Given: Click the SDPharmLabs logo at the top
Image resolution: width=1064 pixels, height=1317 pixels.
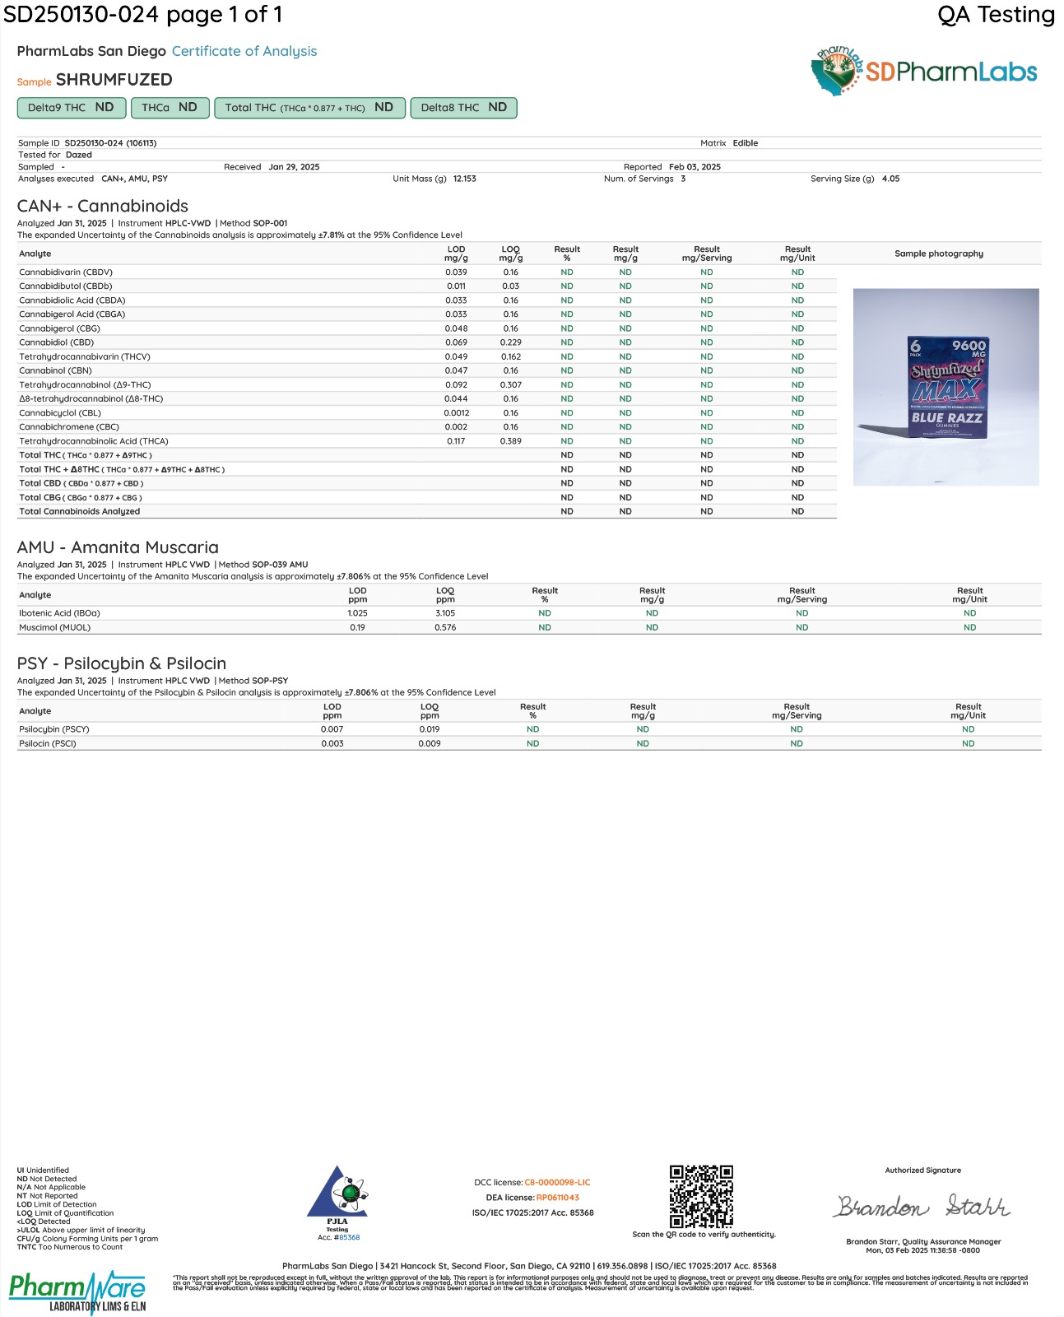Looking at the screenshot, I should pyautogui.click(x=923, y=71).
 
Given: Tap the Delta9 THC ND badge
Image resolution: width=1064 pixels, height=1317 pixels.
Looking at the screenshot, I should pyautogui.click(x=71, y=108).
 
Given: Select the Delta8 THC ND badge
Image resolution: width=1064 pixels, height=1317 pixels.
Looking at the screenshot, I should pyautogui.click(x=463, y=108).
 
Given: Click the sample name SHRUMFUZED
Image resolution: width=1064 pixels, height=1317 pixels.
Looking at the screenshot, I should pyautogui.click(x=114, y=80).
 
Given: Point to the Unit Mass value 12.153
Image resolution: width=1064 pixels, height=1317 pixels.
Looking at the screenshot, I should pyautogui.click(x=464, y=179).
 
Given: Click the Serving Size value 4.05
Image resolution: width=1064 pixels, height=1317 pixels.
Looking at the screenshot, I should pyautogui.click(x=890, y=179).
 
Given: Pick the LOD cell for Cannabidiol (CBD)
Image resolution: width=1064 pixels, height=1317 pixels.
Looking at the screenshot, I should pyautogui.click(x=456, y=342).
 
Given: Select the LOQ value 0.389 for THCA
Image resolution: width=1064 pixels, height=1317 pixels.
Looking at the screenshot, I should pyautogui.click(x=510, y=441).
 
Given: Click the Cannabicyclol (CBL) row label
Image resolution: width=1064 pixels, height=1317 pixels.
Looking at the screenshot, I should pyautogui.click(x=60, y=413).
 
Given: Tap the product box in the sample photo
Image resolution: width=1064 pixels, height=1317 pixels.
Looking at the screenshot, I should pyautogui.click(x=946, y=387).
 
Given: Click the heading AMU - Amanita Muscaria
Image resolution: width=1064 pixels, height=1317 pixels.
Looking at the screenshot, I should pyautogui.click(x=118, y=547).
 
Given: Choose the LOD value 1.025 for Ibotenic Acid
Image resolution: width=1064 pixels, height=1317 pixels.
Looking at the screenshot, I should pyautogui.click(x=357, y=613).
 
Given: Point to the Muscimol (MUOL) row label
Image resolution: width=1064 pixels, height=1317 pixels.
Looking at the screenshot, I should pyautogui.click(x=55, y=627).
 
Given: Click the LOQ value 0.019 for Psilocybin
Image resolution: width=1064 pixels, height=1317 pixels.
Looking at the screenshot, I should pyautogui.click(x=429, y=729).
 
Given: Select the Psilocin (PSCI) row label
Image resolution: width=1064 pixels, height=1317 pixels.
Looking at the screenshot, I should pyautogui.click(x=48, y=743).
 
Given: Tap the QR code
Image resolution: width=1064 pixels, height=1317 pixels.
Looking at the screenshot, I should pyautogui.click(x=701, y=1196).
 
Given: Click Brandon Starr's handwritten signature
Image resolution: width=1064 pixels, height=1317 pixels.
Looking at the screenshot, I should pyautogui.click(x=922, y=1207).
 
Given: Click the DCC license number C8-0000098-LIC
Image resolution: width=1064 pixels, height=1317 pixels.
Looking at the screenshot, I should pyautogui.click(x=557, y=1183).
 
